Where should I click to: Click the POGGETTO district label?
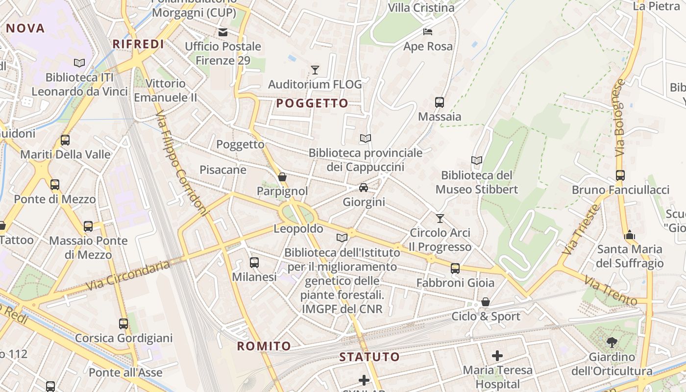[312, 103]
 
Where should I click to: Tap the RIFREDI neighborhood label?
[138, 44]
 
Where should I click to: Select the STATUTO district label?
[370, 357]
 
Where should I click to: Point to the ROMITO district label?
[264, 346]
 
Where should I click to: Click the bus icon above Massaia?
[440, 102]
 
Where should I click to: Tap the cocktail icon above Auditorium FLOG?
[315, 70]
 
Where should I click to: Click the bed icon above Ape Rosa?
[428, 32]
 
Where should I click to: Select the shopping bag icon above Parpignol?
[282, 177]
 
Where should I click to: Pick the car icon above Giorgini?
[364, 188]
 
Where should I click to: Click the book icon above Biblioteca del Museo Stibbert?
[476, 161]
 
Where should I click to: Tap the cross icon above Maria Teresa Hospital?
[497, 356]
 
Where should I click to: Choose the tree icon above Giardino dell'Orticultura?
[612, 343]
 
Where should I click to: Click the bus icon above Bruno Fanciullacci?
[620, 175]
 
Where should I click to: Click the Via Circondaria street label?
[128, 275]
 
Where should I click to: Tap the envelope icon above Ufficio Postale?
[223, 32]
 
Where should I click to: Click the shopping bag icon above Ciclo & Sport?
[486, 302]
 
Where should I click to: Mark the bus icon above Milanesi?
[254, 263]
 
